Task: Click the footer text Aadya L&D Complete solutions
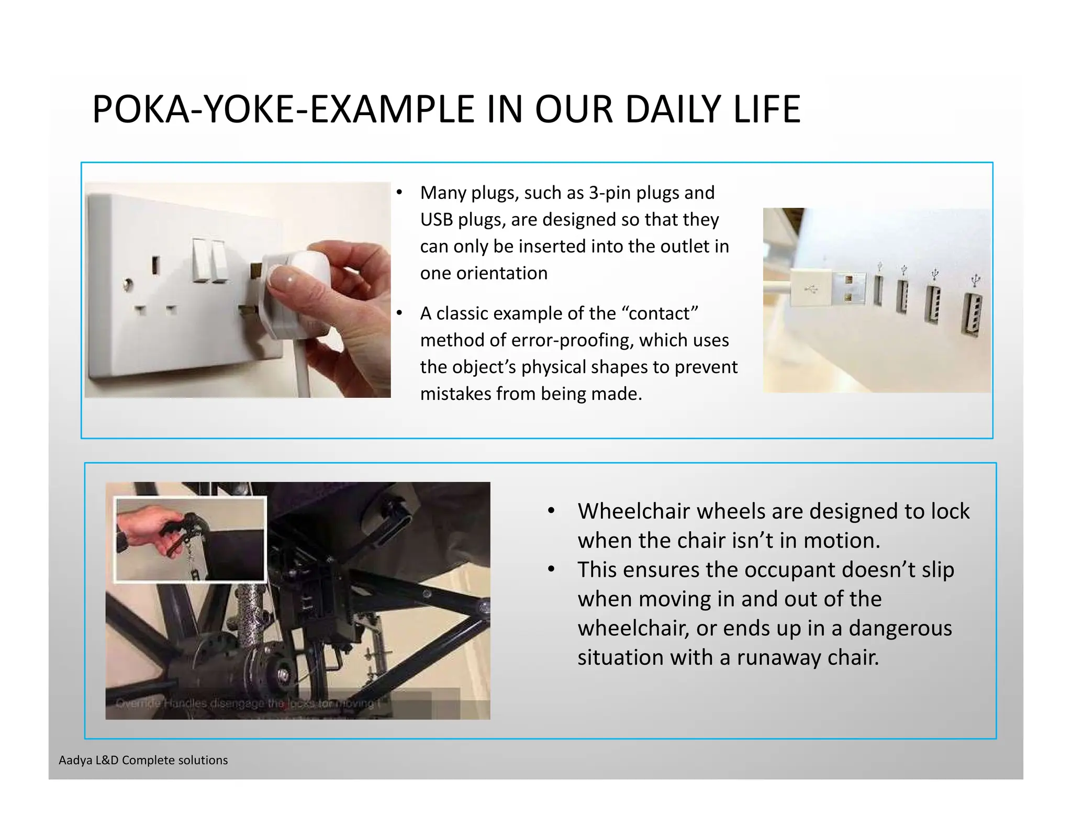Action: (x=143, y=760)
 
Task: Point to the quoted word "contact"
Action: (x=660, y=313)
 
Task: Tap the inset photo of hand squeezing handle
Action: (x=190, y=539)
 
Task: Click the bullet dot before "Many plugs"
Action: (x=399, y=193)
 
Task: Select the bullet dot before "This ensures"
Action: (x=551, y=569)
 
